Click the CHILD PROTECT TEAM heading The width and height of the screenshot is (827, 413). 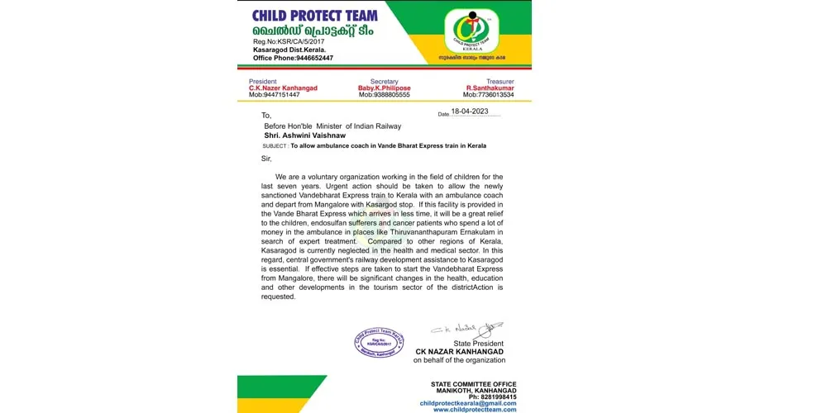(315, 15)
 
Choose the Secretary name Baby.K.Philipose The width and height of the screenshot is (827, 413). (385, 88)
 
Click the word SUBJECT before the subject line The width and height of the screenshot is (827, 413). (275, 145)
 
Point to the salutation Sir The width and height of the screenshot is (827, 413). (266, 158)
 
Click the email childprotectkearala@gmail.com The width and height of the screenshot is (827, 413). (468, 403)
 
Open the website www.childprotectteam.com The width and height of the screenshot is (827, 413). (475, 410)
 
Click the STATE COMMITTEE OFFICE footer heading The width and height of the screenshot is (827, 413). (473, 384)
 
